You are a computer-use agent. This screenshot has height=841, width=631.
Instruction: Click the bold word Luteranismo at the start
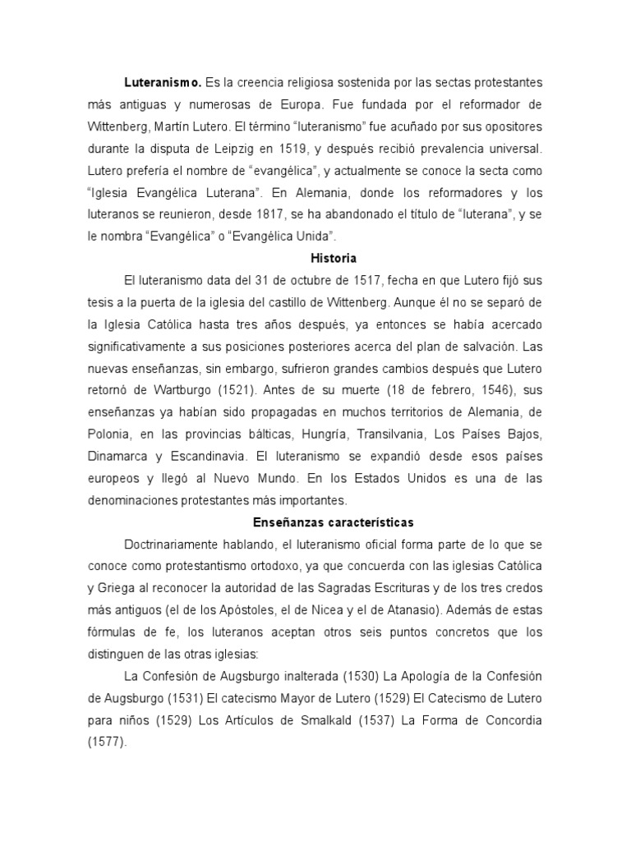[x=163, y=83]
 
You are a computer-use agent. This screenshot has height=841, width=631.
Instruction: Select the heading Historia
[x=315, y=258]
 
